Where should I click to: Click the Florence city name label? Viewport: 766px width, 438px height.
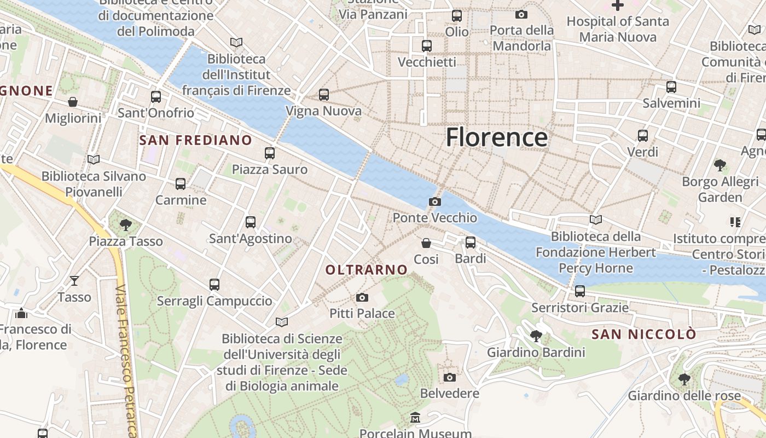[x=496, y=137]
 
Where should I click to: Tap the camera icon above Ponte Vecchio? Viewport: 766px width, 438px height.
[x=435, y=202]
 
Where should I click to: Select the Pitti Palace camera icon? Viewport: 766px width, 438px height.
[x=362, y=298]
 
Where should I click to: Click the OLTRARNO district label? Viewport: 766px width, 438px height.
[x=367, y=269]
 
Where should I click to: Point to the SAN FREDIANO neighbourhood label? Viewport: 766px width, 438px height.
[x=195, y=140]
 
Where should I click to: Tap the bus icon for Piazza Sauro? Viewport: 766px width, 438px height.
[x=270, y=153]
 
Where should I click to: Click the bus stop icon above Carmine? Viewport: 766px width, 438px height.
[x=181, y=184]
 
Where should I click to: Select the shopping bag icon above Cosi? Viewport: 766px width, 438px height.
[x=426, y=243]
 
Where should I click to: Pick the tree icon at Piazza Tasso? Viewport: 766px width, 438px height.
[x=126, y=224]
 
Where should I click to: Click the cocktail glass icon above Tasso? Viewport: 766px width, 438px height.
[x=74, y=281]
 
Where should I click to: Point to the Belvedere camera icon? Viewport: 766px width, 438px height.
[x=450, y=378]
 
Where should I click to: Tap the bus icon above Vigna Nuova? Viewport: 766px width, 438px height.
[x=324, y=95]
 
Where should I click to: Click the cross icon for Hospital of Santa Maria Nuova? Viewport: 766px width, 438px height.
[x=618, y=6]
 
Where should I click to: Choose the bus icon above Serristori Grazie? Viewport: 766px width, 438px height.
[x=580, y=291]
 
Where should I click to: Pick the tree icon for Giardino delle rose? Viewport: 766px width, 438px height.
[x=684, y=379]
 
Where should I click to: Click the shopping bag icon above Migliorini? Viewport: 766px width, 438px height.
[x=73, y=102]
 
